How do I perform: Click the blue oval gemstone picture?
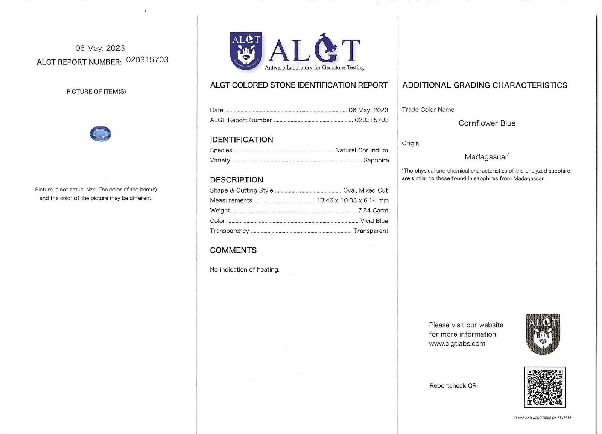(x=100, y=134)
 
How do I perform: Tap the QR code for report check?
(x=544, y=387)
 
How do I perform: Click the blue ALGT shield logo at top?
(x=246, y=51)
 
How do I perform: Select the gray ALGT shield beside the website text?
(x=543, y=334)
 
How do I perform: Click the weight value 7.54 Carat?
(x=373, y=211)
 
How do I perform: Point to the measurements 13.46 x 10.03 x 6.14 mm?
(x=353, y=200)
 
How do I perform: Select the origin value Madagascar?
(x=486, y=157)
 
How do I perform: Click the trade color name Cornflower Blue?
(x=487, y=123)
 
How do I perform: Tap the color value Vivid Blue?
(x=374, y=221)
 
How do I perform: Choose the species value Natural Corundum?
(x=361, y=150)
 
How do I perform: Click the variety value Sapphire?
(x=376, y=160)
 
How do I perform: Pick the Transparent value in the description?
(x=371, y=231)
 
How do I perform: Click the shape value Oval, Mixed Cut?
(x=365, y=190)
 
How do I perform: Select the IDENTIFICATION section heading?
(x=241, y=140)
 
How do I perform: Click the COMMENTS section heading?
(x=233, y=250)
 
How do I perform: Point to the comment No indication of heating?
(x=245, y=270)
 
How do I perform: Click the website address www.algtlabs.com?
(x=457, y=343)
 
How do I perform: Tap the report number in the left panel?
(x=147, y=60)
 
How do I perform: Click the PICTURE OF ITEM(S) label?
(x=96, y=91)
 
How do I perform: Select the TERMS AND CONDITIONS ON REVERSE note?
(x=542, y=418)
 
